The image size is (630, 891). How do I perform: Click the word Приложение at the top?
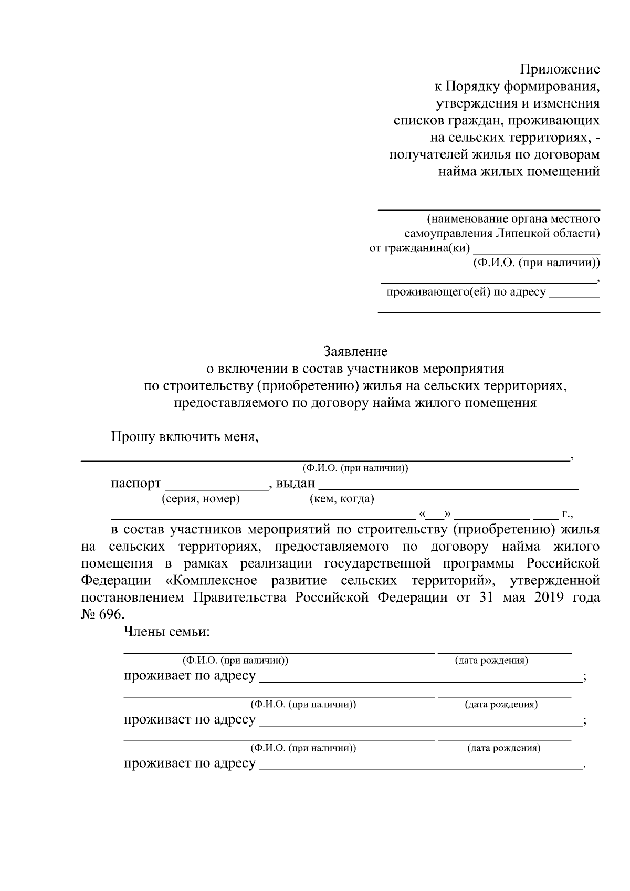pos(560,69)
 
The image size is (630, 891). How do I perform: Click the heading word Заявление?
pos(355,351)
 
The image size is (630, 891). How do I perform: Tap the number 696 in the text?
pos(110,614)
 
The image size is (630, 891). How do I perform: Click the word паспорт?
pos(136,483)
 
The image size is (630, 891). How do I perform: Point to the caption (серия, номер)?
pos(202,499)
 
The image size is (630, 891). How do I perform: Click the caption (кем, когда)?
pos(342,499)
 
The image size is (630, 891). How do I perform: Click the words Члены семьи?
pos(166,632)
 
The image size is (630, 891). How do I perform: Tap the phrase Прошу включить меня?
pos(185,436)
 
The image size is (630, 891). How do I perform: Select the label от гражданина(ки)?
pos(419,248)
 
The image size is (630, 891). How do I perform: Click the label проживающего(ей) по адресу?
pos(466,292)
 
